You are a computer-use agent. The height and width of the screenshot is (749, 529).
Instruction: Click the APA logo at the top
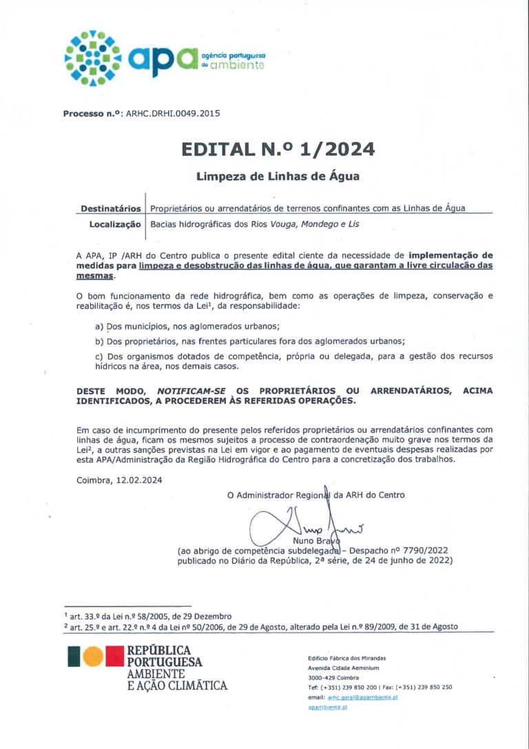[163, 59]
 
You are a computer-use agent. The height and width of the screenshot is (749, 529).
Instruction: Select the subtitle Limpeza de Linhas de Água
[278, 176]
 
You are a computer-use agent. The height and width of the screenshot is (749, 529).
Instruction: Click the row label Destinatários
[111, 208]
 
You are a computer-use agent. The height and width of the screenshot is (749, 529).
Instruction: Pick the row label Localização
[115, 224]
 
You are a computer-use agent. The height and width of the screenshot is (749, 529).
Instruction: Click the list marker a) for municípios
[99, 326]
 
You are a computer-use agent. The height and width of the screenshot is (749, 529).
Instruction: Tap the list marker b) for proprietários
[99, 341]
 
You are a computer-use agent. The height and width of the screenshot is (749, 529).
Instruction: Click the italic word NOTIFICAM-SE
[189, 391]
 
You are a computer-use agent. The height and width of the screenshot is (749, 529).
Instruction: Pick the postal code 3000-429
[322, 677]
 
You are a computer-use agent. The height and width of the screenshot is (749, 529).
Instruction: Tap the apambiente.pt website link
[328, 708]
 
